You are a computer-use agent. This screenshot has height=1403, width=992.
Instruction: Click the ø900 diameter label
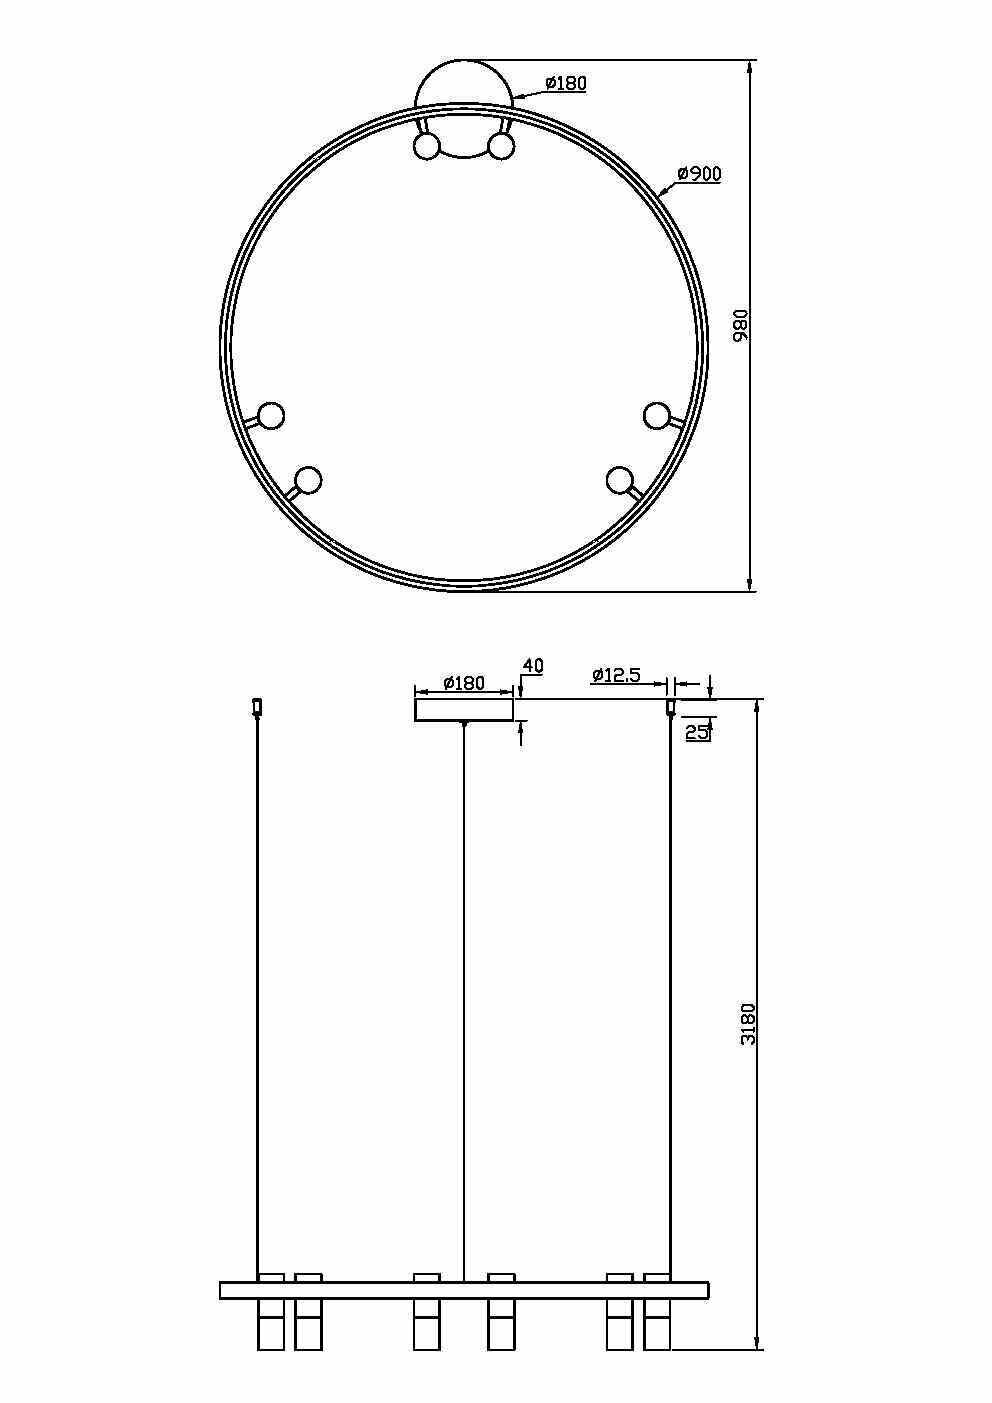699,174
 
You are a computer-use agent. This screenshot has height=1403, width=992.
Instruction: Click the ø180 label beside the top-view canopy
566,83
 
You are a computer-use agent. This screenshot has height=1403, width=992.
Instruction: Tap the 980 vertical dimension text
741,325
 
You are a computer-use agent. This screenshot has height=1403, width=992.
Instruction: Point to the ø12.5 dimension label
616,676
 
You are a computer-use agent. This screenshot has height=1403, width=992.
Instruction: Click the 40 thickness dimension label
533,666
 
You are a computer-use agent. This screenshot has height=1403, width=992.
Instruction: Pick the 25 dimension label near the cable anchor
698,732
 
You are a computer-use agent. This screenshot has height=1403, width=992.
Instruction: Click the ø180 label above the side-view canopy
463,684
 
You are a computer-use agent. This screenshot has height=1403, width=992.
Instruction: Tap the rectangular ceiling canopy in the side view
464,709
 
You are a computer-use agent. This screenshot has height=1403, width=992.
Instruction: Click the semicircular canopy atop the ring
465,85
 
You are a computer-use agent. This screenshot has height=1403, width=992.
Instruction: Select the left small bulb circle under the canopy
427,147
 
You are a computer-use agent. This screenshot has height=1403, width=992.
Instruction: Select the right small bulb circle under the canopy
501,147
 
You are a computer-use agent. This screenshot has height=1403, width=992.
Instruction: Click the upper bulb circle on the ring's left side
271,415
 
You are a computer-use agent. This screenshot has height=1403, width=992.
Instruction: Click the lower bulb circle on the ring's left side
308,481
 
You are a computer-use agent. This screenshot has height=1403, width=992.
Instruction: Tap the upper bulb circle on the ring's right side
656,415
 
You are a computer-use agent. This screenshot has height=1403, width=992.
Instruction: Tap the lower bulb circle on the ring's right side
620,480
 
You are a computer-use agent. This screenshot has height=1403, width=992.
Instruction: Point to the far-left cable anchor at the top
257,706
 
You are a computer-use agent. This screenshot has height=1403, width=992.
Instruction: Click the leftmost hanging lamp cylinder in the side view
271,1325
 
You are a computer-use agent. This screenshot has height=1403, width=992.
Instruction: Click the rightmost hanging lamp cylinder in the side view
657,1325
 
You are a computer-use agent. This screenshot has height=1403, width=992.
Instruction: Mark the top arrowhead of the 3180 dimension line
757,704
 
